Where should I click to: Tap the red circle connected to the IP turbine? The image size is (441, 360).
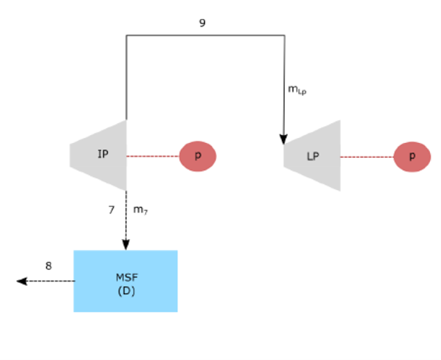click(x=198, y=156)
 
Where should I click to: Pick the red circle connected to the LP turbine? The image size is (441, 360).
click(x=412, y=156)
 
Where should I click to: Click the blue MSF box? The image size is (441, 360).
click(x=125, y=281)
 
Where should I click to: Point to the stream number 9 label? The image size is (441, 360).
click(x=202, y=23)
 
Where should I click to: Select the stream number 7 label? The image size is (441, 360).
click(x=111, y=210)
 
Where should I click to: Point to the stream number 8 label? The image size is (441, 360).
click(x=48, y=266)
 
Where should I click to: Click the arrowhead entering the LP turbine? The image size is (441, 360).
click(x=283, y=139)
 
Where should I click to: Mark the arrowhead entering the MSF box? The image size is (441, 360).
click(x=125, y=245)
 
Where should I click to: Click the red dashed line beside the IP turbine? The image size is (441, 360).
click(x=152, y=156)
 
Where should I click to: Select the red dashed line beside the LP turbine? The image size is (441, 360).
click(x=366, y=156)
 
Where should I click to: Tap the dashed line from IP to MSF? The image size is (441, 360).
click(x=125, y=216)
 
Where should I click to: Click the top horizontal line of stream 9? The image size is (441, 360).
click(x=205, y=35)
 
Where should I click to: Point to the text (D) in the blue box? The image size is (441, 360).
click(x=126, y=291)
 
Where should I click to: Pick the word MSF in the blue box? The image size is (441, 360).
click(x=126, y=277)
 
